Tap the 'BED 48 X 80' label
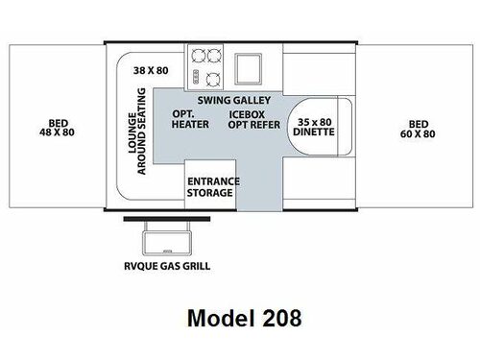pos(52,128)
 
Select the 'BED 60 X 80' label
pos(419,128)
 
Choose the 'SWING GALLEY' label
pos(234,100)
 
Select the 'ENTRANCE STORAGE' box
pos(209,186)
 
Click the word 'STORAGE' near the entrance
pos(209,193)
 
